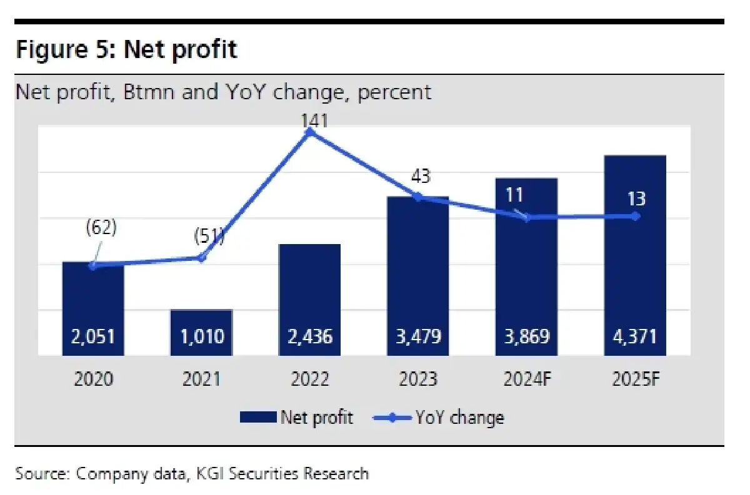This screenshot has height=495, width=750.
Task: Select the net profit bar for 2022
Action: coord(309,300)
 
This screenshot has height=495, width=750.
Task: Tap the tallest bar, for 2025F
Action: coord(635,262)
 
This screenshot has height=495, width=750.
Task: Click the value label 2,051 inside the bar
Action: coord(93,337)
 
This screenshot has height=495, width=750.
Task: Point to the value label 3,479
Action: coord(417,337)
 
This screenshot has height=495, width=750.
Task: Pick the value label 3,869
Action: coord(526,337)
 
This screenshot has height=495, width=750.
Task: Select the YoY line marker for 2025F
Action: coord(635,216)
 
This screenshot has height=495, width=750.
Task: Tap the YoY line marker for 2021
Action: coord(201,257)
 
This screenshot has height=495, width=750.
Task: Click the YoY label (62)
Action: coord(101,227)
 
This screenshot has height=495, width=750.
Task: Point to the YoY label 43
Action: coord(421,177)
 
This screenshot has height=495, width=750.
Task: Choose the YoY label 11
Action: coord(514,195)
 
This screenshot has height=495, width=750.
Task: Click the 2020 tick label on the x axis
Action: coord(93,379)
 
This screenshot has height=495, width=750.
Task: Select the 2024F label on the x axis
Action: coord(526,379)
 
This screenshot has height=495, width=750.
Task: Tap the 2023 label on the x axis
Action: coord(417,379)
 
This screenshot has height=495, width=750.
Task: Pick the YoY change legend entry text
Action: coord(459,417)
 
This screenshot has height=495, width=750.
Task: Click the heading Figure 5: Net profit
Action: coord(126,49)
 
